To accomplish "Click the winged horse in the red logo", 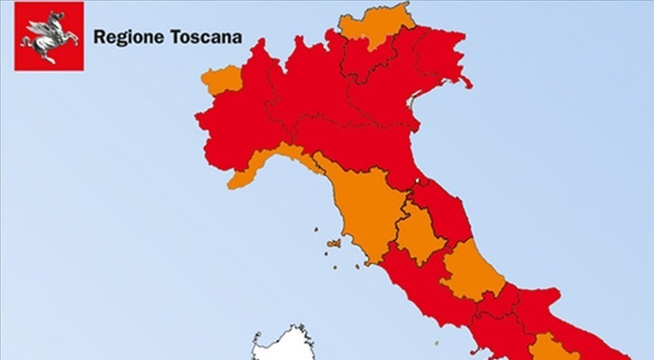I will click(48, 35).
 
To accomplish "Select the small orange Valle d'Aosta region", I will click(221, 80).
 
